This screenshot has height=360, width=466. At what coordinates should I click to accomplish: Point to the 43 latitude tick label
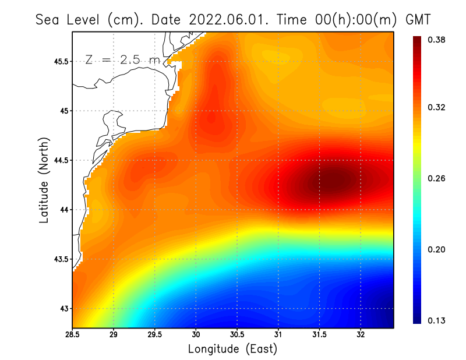pyautogui.click(x=63, y=308)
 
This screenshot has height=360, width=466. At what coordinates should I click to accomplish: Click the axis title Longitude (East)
pyautogui.click(x=232, y=349)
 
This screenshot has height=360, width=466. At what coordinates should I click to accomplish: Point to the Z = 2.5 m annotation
pyautogui.click(x=122, y=59)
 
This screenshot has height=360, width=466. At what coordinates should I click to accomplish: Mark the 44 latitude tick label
pyautogui.click(x=63, y=210)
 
